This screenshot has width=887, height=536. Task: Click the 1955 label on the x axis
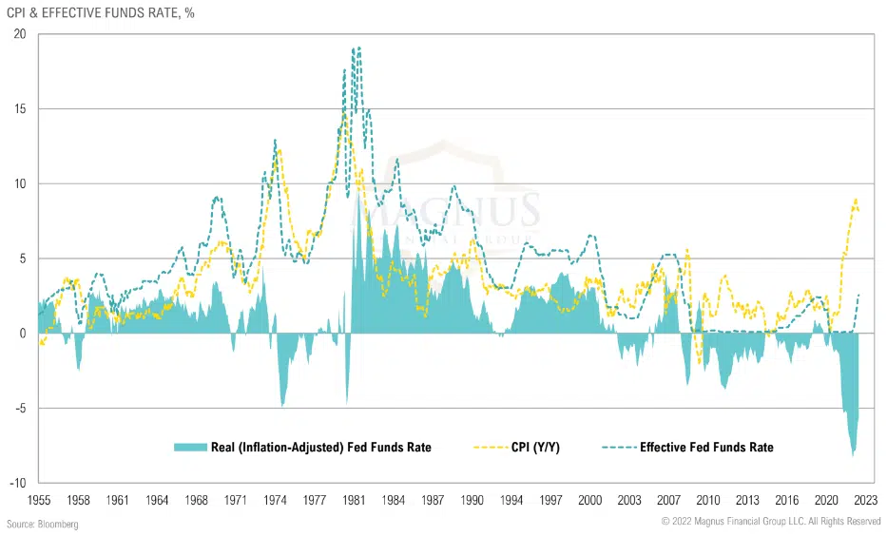click(x=38, y=499)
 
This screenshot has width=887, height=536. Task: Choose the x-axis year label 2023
click(x=866, y=499)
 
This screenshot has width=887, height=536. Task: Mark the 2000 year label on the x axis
click(x=590, y=499)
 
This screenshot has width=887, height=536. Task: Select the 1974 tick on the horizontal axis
click(x=276, y=499)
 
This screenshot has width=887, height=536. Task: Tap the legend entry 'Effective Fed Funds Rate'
click(x=706, y=447)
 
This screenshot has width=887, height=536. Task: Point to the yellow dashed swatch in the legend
click(x=492, y=447)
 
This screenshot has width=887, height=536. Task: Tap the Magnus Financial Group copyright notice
click(x=771, y=522)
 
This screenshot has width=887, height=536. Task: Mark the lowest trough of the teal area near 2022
click(x=853, y=456)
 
